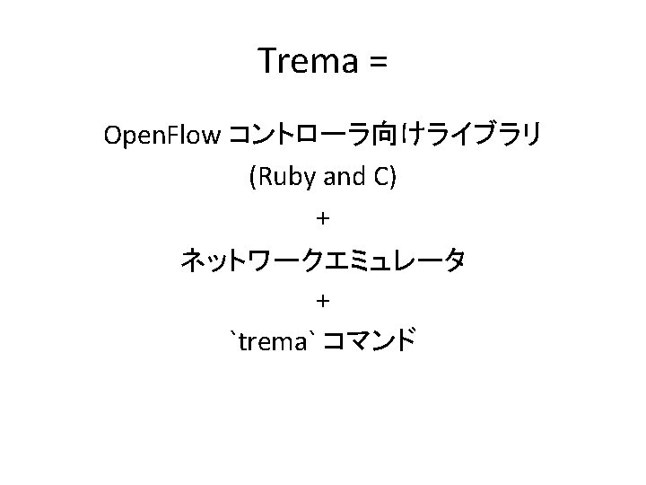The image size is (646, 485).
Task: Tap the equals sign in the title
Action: tap(376, 63)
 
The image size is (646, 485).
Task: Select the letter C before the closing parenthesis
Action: tap(380, 177)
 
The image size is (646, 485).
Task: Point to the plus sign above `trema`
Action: tap(323, 300)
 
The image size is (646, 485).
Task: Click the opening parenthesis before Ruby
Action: tap(252, 178)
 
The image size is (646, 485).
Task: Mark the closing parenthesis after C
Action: tap(393, 178)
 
